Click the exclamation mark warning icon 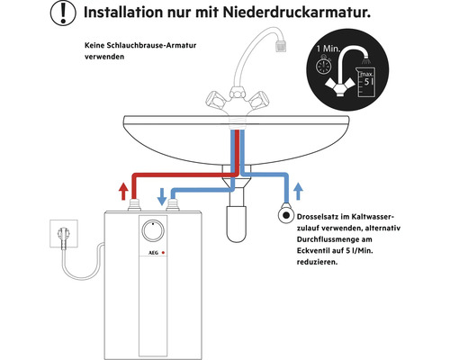coord(63,13)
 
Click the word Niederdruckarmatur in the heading coord(296,13)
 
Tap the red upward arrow coord(123,192)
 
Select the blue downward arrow coord(162,197)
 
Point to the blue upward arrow coord(298,191)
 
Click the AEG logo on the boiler coord(153,253)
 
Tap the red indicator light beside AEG coord(163,253)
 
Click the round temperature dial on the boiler coord(153,231)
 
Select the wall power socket coord(64,234)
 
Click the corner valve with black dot coord(286,215)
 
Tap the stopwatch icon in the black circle coord(323,66)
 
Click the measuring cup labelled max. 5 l coord(365,82)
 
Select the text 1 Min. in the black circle coord(328,49)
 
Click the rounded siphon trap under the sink coord(237,223)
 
